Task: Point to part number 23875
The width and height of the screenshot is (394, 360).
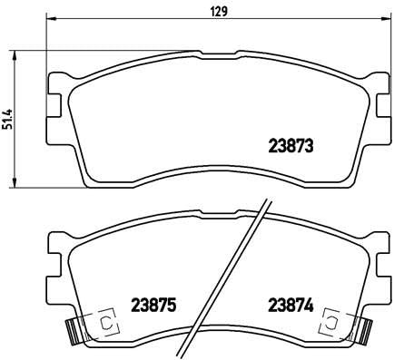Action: tap(153, 305)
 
